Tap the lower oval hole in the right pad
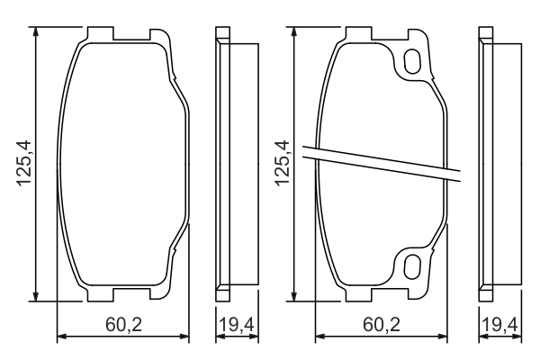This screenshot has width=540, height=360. point(413,266)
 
